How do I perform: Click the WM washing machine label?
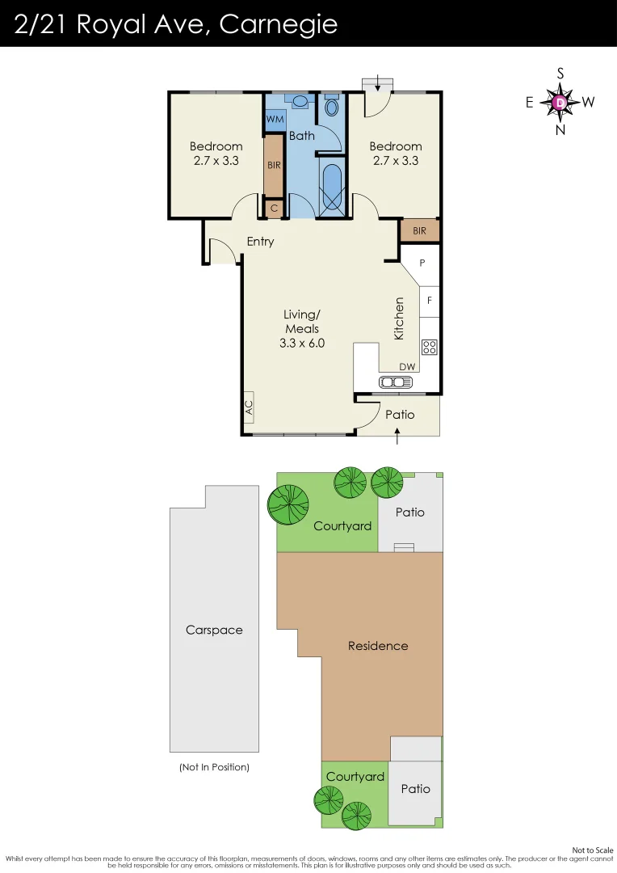coord(275,119)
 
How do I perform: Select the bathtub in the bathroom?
coord(331,188)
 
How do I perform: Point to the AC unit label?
coord(249,407)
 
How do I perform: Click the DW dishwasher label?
coord(407,367)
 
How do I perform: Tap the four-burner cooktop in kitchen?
coord(429,348)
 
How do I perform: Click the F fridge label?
coord(430,301)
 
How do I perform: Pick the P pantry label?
coord(422,263)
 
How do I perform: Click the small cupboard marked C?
coord(274,209)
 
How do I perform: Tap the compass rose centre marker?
coord(560,102)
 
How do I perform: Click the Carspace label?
coord(214,630)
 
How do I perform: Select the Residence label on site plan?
coord(378,646)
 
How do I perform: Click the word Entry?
coord(260,242)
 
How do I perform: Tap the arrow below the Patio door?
coord(397,436)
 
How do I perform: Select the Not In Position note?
coord(214,767)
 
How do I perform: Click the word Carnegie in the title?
coord(278,24)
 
